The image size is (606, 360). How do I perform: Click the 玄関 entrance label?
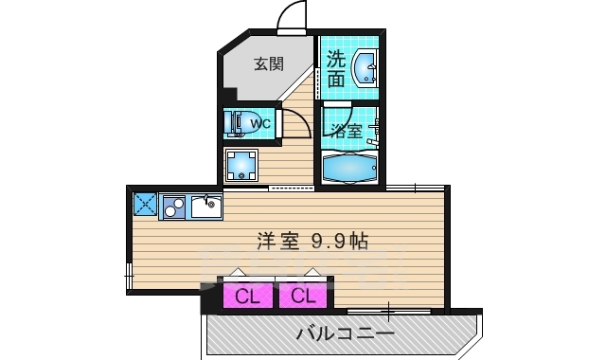[269, 65]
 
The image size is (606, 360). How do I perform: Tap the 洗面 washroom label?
[336, 69]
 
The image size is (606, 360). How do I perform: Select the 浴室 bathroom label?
[345, 131]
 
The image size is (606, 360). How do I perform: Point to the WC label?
[261, 123]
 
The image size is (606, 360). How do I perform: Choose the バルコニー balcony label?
[345, 333]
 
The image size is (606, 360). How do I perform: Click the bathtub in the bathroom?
[349, 168]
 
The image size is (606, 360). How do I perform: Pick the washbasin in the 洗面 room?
[365, 69]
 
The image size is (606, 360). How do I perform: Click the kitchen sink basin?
[204, 206]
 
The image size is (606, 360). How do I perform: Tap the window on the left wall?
[130, 275]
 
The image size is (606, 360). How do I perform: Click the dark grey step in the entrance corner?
[229, 94]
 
